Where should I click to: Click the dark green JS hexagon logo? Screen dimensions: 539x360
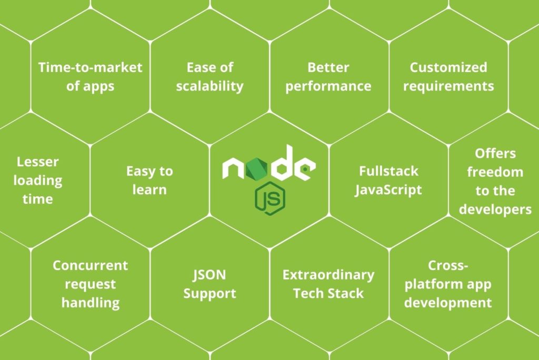270,198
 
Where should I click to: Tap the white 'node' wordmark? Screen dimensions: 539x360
269,163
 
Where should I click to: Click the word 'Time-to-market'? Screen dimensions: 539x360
90,67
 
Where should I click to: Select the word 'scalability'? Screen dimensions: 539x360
209,86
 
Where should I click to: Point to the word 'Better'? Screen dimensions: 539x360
328,67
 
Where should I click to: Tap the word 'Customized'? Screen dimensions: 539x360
448,67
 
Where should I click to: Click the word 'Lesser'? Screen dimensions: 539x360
38,162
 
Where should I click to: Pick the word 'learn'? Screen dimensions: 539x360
149,189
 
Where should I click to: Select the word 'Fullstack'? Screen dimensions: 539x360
389,171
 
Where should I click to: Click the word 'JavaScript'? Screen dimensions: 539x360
388,190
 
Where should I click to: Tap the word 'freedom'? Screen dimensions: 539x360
495,172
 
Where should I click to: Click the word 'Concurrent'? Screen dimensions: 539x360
90,265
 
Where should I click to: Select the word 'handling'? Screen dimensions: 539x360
91,303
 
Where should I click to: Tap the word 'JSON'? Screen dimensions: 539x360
209,275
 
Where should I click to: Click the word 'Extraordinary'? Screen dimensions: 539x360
328,275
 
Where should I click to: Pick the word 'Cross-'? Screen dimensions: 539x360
448,265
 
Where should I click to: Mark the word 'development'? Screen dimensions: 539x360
448,303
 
